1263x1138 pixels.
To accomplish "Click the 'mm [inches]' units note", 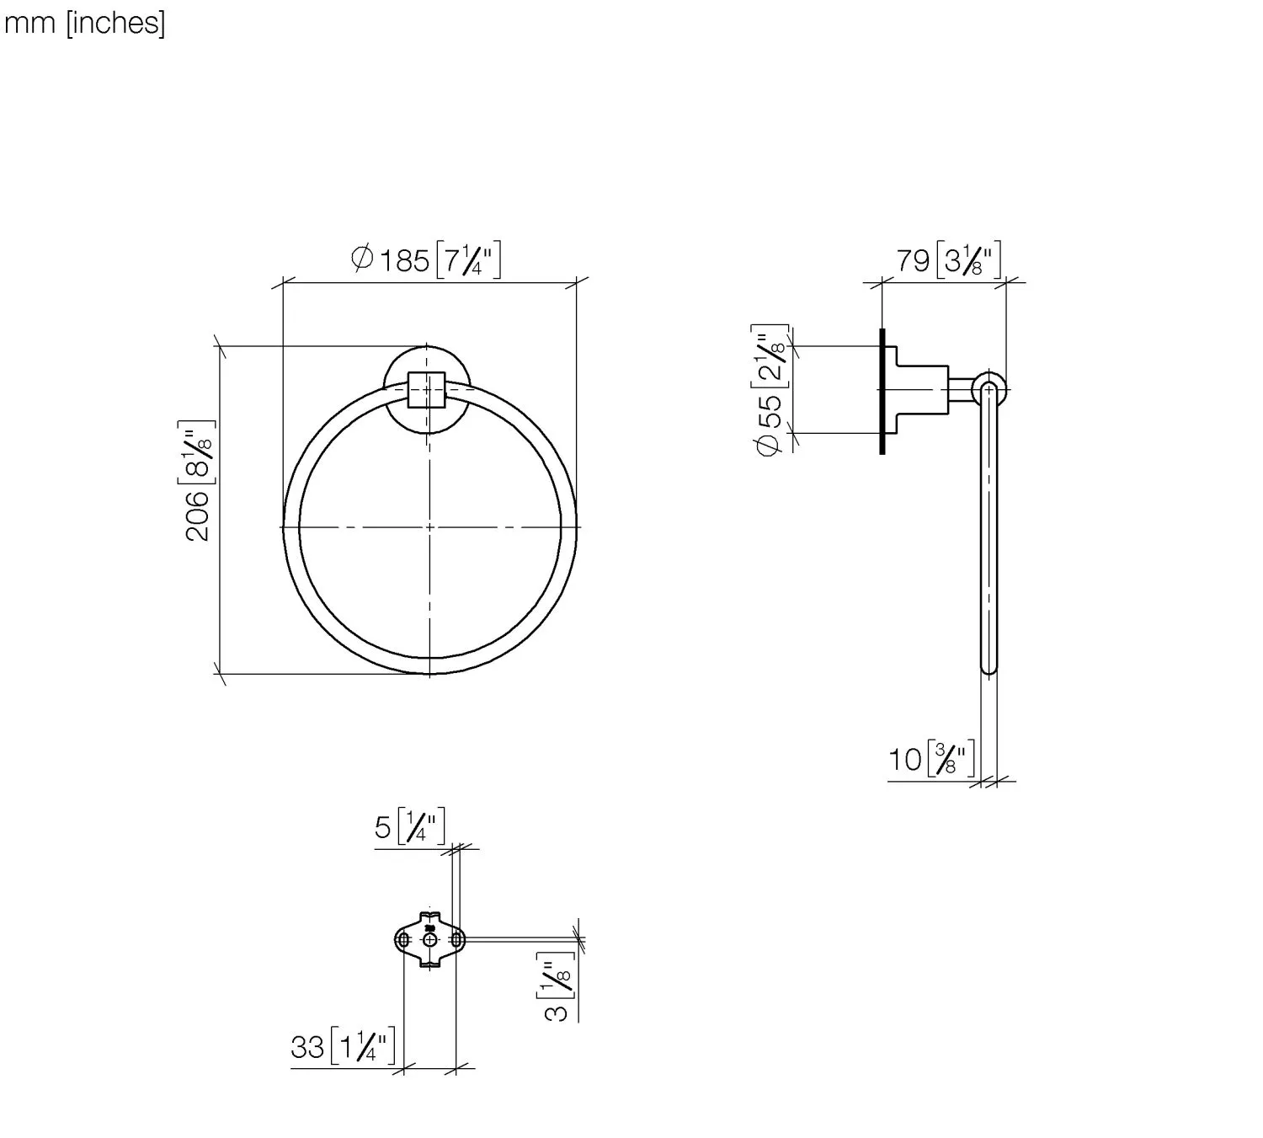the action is coord(84,24).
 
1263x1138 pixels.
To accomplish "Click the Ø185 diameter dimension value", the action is coord(391,259).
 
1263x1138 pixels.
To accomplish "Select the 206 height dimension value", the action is coord(197,516).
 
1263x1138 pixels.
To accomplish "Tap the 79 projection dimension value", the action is coord(913,260).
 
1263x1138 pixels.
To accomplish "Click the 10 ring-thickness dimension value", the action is coord(905,759).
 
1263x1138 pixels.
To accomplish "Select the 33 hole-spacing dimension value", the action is coord(307,1047).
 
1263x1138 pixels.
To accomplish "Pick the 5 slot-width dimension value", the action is coord(383,827).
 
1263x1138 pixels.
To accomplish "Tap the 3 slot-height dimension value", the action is coord(556,1012).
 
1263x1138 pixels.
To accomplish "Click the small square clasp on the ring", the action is coord(427,390).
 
